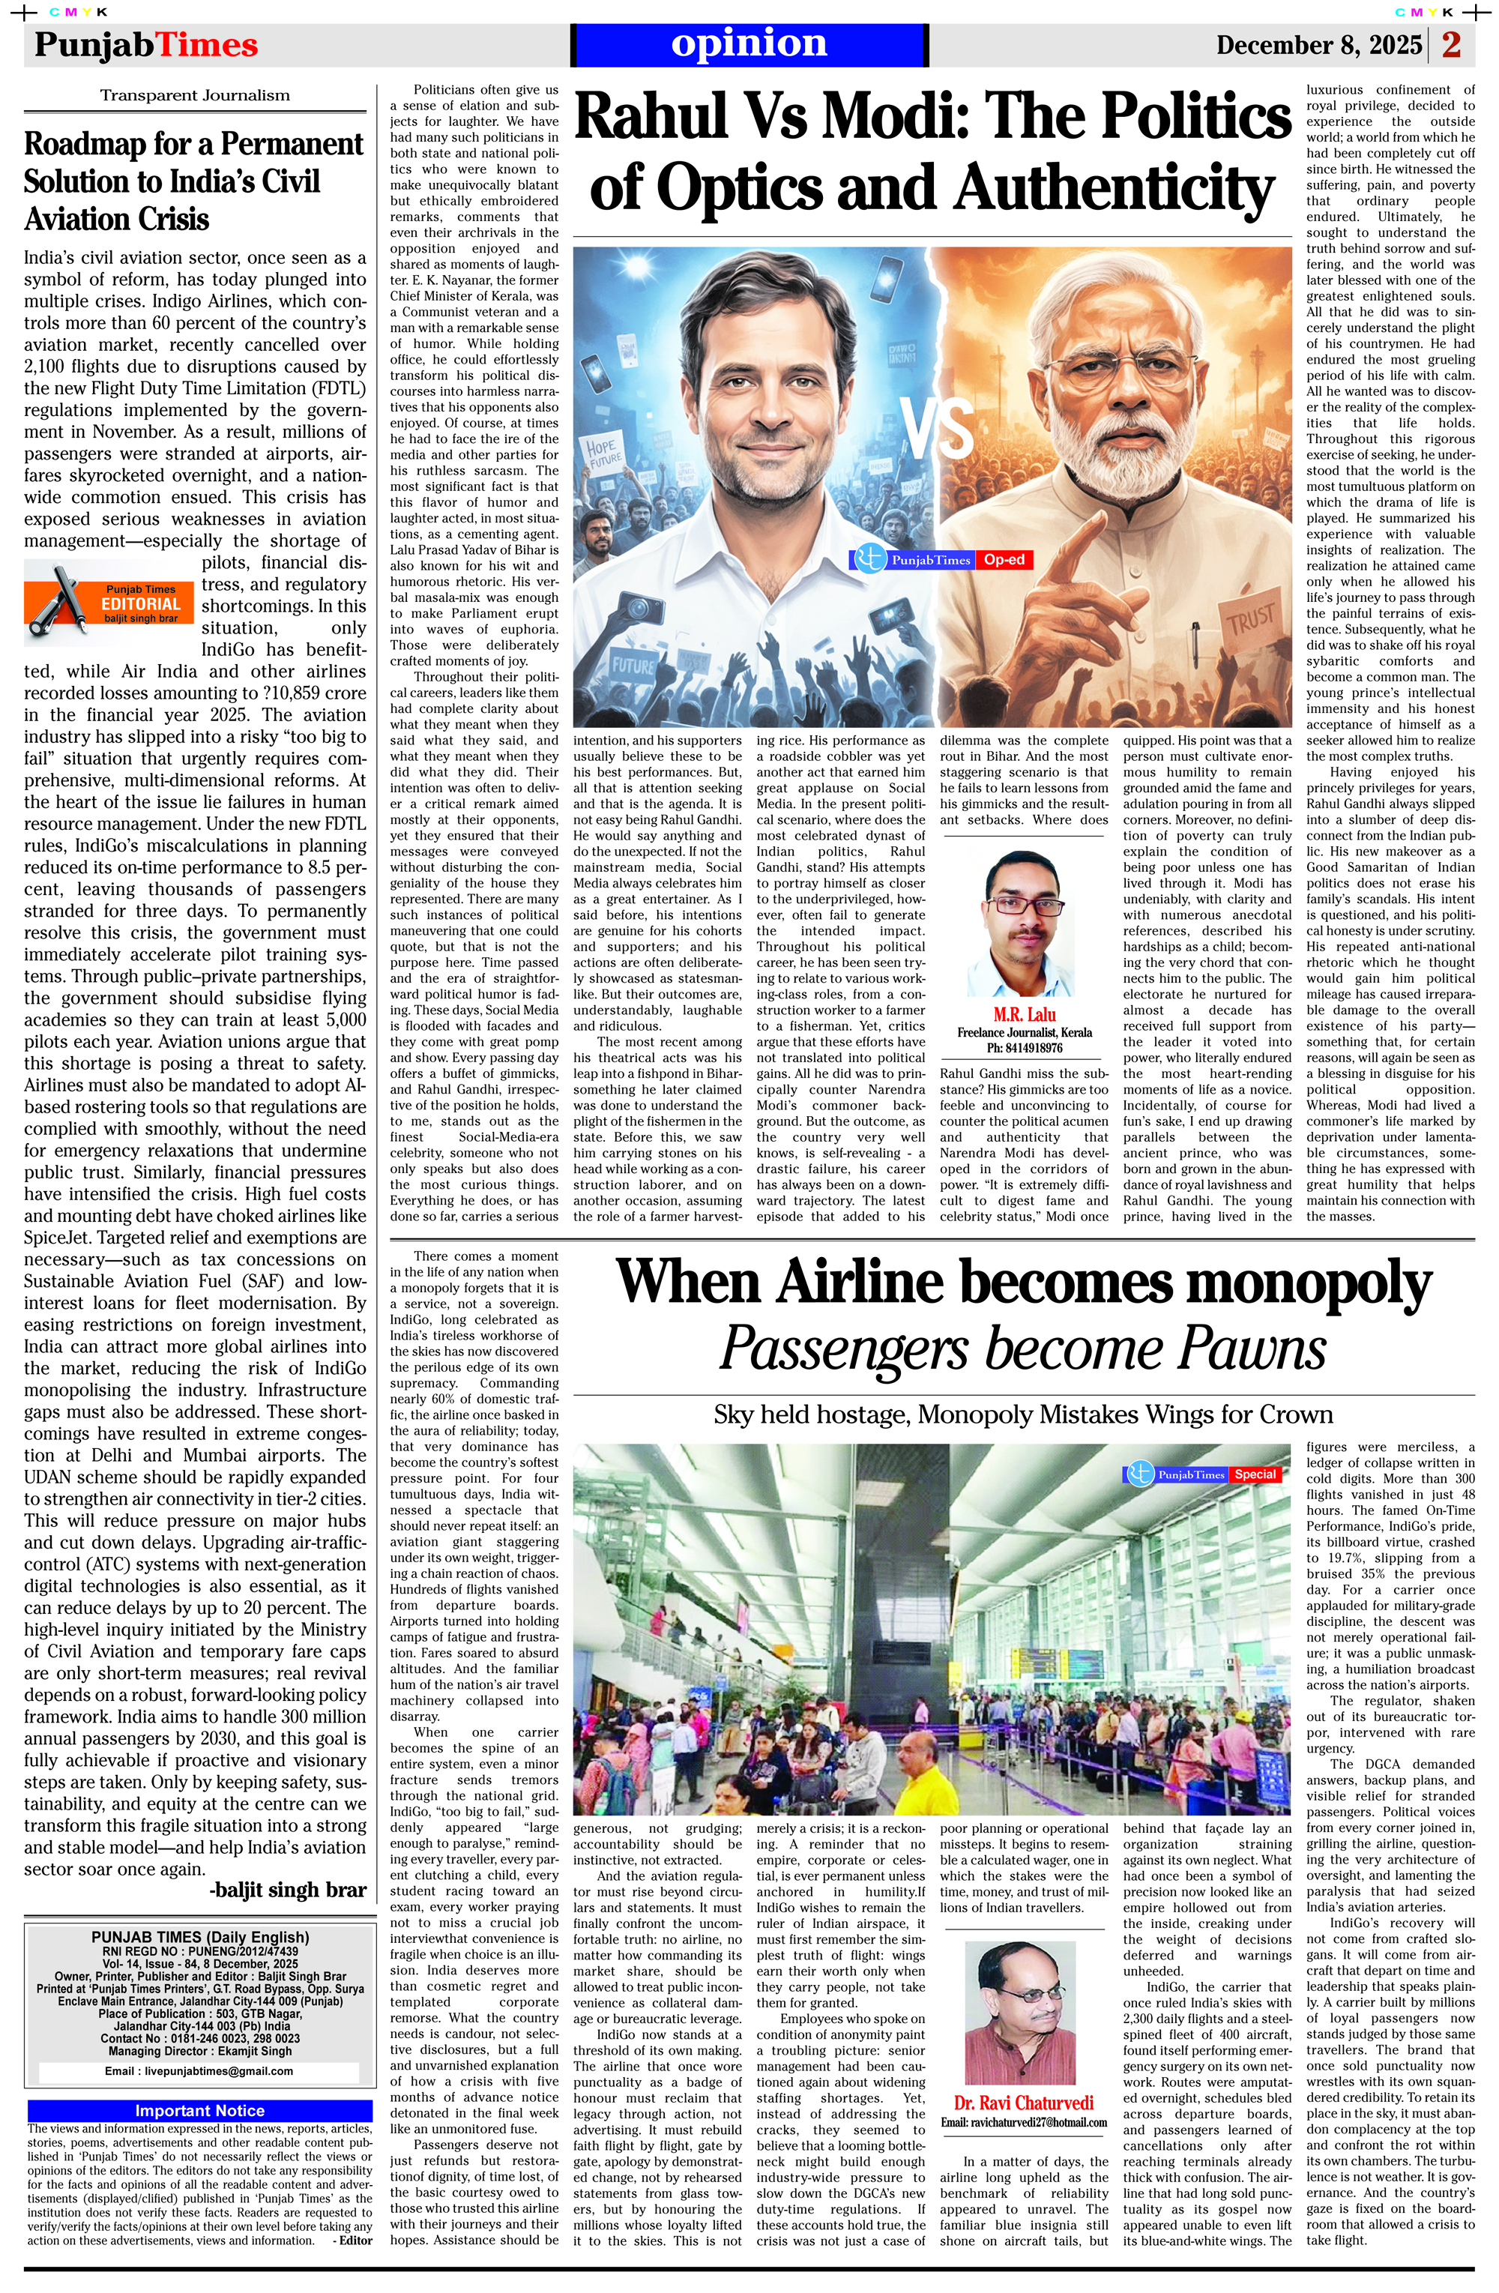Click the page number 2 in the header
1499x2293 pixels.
tap(1452, 44)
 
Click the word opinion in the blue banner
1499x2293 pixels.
tap(749, 43)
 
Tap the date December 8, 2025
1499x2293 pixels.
tap(1318, 45)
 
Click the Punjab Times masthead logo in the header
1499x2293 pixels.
tap(145, 45)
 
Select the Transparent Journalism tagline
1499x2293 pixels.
tap(195, 95)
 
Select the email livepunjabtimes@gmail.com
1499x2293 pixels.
tap(199, 2070)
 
